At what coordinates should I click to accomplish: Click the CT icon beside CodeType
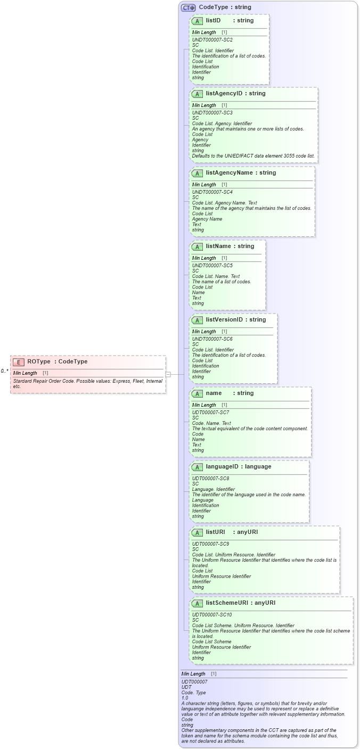(x=188, y=7)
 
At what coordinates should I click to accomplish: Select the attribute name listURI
(x=216, y=532)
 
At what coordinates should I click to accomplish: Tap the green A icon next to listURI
(x=197, y=532)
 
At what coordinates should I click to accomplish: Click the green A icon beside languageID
(x=197, y=467)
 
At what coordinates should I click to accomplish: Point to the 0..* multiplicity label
(x=4, y=371)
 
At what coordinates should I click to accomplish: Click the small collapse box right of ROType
(x=168, y=374)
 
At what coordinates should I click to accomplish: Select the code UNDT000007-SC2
(x=212, y=40)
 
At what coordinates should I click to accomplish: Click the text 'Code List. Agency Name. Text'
(x=224, y=203)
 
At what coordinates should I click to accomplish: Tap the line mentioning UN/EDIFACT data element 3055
(x=253, y=156)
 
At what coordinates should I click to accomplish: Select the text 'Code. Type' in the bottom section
(x=193, y=693)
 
